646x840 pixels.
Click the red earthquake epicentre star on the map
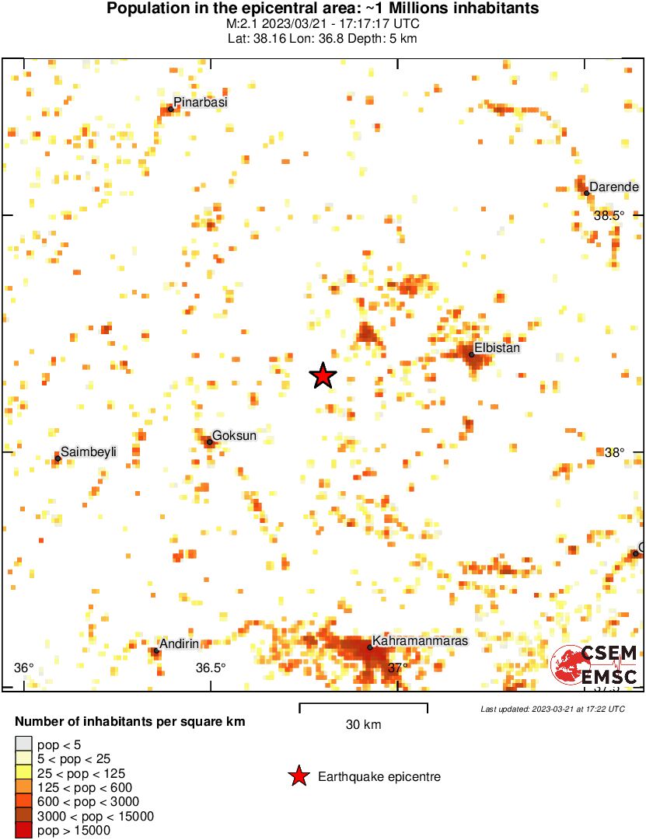pyautogui.click(x=323, y=376)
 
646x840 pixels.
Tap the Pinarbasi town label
pyautogui.click(x=201, y=102)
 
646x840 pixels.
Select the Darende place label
pyautogui.click(x=613, y=186)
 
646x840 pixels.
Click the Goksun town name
pyautogui.click(x=234, y=436)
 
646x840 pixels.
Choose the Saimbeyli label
pyautogui.click(x=89, y=451)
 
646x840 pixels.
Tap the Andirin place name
pyautogui.click(x=180, y=643)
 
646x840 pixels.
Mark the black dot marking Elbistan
pyautogui.click(x=472, y=354)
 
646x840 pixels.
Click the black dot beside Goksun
pyautogui.click(x=209, y=442)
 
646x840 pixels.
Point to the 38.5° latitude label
pyautogui.click(x=609, y=215)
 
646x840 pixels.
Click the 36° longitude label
pyautogui.click(x=24, y=667)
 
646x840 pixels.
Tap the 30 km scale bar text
pyautogui.click(x=363, y=725)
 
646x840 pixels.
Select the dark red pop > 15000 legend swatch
pyautogui.click(x=24, y=831)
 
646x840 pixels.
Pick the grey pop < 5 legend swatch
pyautogui.click(x=24, y=744)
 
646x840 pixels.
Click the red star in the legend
pyautogui.click(x=298, y=776)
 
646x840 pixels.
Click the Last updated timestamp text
pyautogui.click(x=552, y=709)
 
